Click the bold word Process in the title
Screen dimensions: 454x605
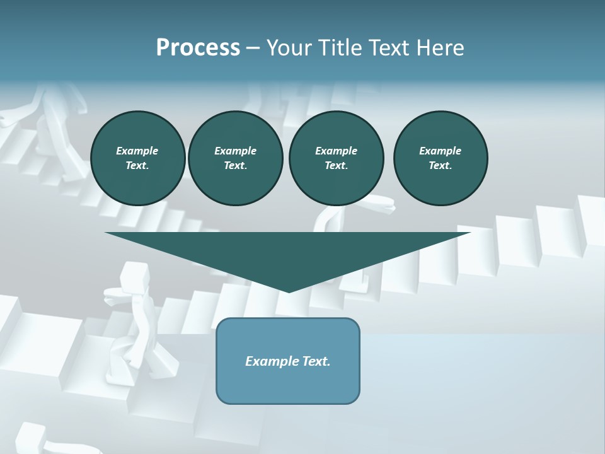click(x=198, y=48)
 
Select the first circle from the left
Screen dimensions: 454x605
click(x=137, y=158)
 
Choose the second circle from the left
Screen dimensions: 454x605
click(x=235, y=158)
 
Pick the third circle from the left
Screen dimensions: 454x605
click(x=336, y=158)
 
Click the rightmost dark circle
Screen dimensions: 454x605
click(x=440, y=158)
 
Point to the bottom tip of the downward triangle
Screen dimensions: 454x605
click(x=289, y=291)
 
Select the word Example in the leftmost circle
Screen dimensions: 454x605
click(x=137, y=151)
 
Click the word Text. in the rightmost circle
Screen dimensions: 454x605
click(x=440, y=166)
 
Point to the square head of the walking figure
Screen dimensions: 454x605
click(x=132, y=274)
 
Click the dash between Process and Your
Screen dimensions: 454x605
click(x=253, y=48)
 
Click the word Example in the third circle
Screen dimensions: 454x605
click(x=336, y=151)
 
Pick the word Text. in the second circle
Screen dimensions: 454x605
click(x=235, y=166)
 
